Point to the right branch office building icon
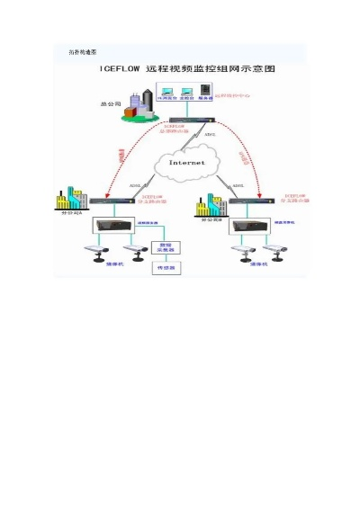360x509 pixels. [x=211, y=204]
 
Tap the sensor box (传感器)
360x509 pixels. [x=166, y=267]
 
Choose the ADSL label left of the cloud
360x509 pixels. [x=135, y=187]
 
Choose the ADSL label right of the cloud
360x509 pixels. [x=238, y=187]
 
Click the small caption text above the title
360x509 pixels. [x=83, y=53]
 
